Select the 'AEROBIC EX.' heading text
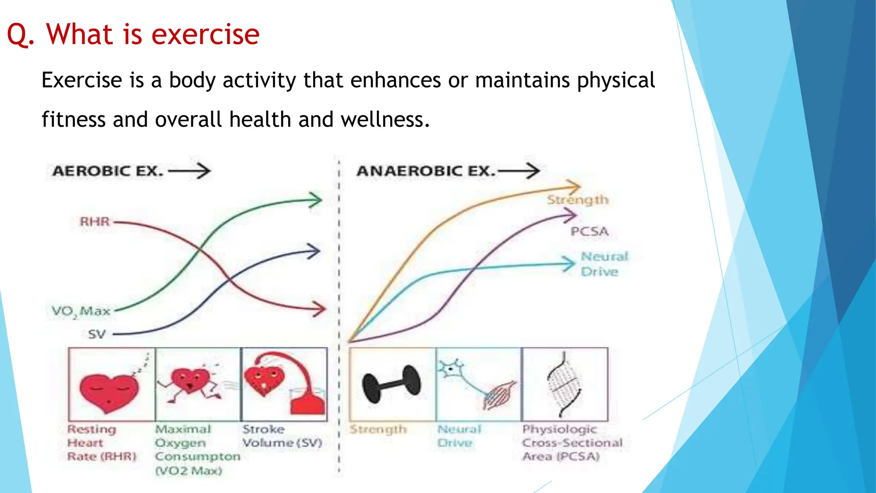(x=108, y=171)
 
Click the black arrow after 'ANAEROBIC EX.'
(x=519, y=171)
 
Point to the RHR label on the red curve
(x=95, y=222)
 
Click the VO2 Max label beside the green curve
(x=81, y=311)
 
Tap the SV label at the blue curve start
(x=97, y=334)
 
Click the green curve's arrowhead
(x=316, y=200)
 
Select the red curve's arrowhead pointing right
(x=319, y=308)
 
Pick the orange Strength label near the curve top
(x=577, y=200)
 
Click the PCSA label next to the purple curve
(x=589, y=232)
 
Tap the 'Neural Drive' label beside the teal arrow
(x=603, y=264)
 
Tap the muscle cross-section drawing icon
(x=564, y=384)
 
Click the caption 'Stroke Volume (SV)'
(x=282, y=436)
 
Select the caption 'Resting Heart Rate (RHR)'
(x=101, y=443)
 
